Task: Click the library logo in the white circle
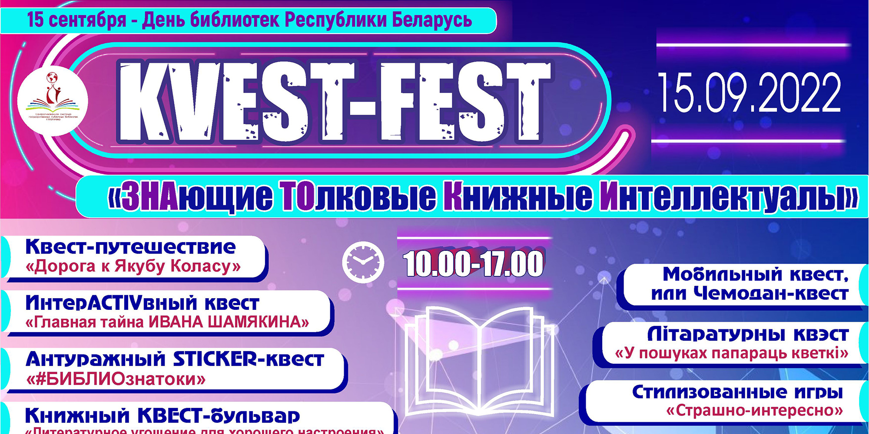[53, 101]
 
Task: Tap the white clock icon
[363, 262]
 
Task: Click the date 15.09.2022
[750, 93]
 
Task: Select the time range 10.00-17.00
[473, 263]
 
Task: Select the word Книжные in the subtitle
[517, 197]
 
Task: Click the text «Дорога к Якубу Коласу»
[133, 266]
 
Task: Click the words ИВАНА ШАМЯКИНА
[228, 322]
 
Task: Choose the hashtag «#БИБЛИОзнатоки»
[116, 380]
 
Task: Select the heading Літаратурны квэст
[747, 334]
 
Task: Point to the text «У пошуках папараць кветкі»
[732, 353]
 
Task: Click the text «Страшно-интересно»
[754, 410]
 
